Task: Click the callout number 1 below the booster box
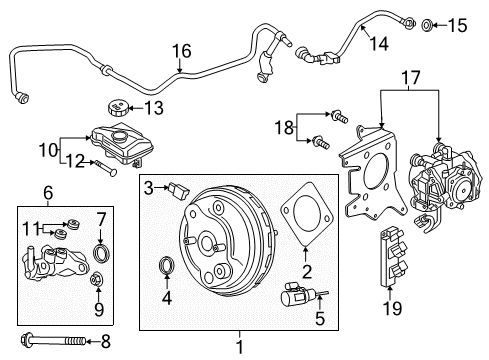[x=237, y=346]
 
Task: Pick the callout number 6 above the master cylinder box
[x=47, y=192]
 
